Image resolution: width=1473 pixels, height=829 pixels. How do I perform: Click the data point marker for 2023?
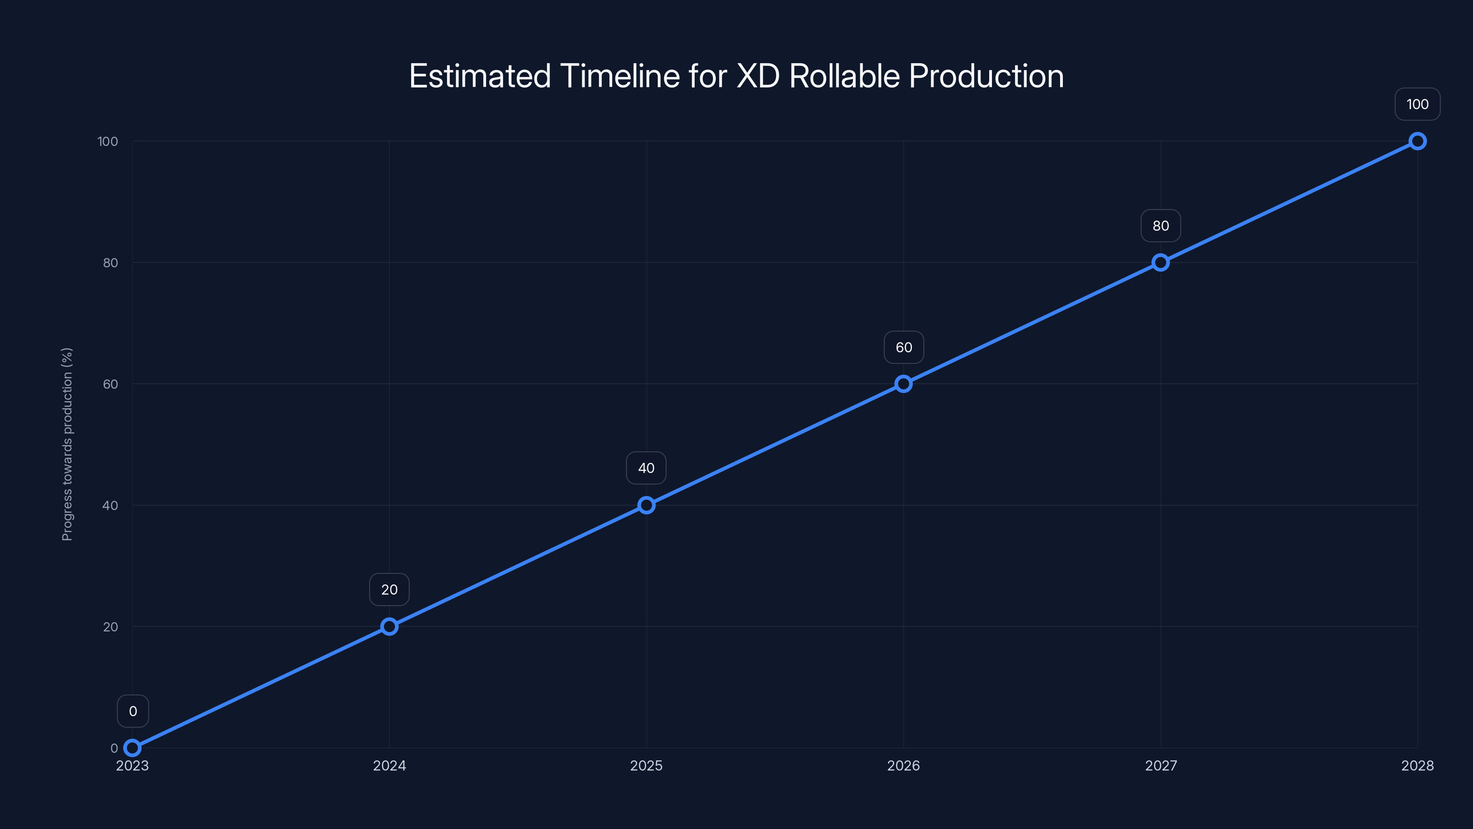pyautogui.click(x=132, y=748)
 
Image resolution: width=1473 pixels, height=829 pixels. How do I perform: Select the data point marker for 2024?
pyautogui.click(x=389, y=626)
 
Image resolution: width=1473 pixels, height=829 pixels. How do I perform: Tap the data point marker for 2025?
pyautogui.click(x=646, y=505)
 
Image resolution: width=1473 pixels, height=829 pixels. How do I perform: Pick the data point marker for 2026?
pyautogui.click(x=904, y=384)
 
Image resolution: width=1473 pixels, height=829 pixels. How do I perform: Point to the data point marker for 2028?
pyautogui.click(x=1418, y=141)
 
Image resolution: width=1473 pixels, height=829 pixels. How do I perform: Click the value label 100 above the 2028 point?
pyautogui.click(x=1418, y=104)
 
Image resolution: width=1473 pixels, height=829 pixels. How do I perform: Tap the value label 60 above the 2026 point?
pyautogui.click(x=904, y=347)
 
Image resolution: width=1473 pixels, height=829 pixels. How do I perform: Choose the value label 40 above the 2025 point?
pyautogui.click(x=646, y=468)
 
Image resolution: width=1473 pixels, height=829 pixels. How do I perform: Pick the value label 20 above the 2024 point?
pyautogui.click(x=389, y=590)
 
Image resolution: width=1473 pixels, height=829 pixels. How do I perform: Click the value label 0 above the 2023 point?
pyautogui.click(x=133, y=711)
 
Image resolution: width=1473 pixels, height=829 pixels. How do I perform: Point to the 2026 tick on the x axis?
pyautogui.click(x=904, y=765)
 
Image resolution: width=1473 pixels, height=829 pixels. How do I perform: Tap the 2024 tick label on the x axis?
pyautogui.click(x=389, y=765)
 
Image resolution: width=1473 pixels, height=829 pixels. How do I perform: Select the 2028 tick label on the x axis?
pyautogui.click(x=1418, y=765)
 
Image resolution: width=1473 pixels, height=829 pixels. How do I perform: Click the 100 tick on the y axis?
pyautogui.click(x=108, y=141)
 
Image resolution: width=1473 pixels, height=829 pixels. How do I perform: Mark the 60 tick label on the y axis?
pyautogui.click(x=110, y=384)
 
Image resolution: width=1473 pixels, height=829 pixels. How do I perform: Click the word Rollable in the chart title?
pyautogui.click(x=845, y=76)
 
